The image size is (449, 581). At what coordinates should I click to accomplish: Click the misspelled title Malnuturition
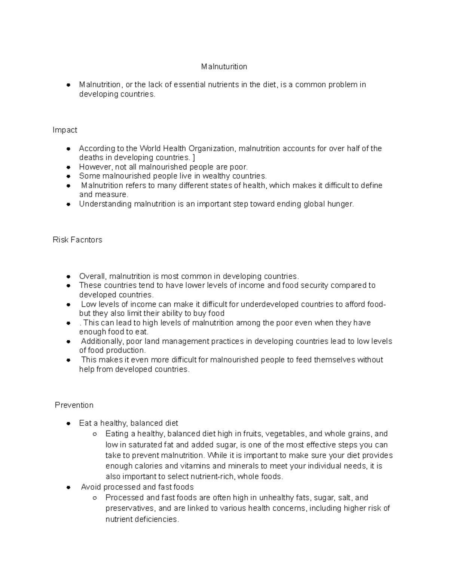tap(224, 67)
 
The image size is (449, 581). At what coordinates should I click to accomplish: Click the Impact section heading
tap(65, 130)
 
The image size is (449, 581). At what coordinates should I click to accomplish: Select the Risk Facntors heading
tap(77, 240)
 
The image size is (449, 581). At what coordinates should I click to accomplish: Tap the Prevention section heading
tap(74, 405)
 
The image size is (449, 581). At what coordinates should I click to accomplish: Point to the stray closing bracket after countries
tap(193, 158)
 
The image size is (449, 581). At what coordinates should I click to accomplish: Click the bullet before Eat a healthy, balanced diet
tap(68, 423)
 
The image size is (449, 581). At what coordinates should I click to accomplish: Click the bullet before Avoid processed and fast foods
tap(68, 487)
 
